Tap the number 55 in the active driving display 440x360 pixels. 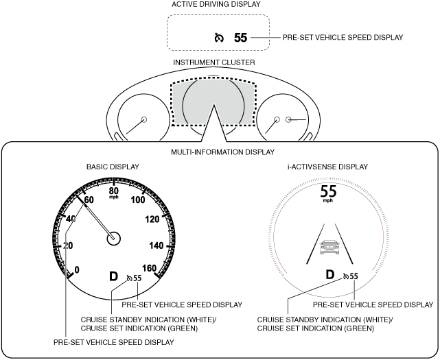pos(240,38)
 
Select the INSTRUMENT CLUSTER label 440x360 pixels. pos(214,62)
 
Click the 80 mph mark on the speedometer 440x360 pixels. pos(114,191)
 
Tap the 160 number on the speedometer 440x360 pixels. pos(149,268)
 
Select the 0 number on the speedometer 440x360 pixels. pos(76,269)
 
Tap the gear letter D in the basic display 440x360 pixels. pos(113,277)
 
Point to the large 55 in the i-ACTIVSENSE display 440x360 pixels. pos(329,191)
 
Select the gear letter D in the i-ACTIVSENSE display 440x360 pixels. pos(330,275)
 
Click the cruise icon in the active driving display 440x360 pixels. pos(219,38)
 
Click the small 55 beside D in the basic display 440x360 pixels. pos(137,278)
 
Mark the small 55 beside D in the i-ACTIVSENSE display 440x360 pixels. pos(354,276)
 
